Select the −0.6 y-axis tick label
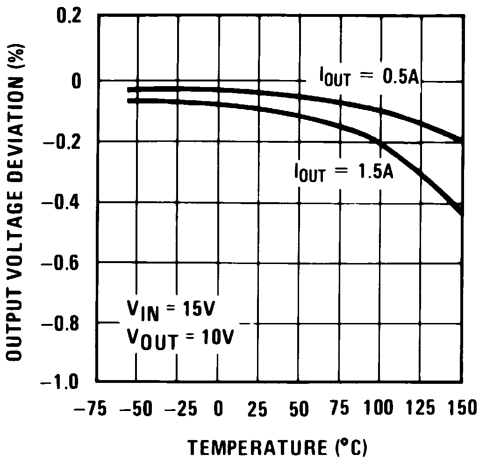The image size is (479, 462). click(x=61, y=263)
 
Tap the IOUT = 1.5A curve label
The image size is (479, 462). click(x=344, y=172)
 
